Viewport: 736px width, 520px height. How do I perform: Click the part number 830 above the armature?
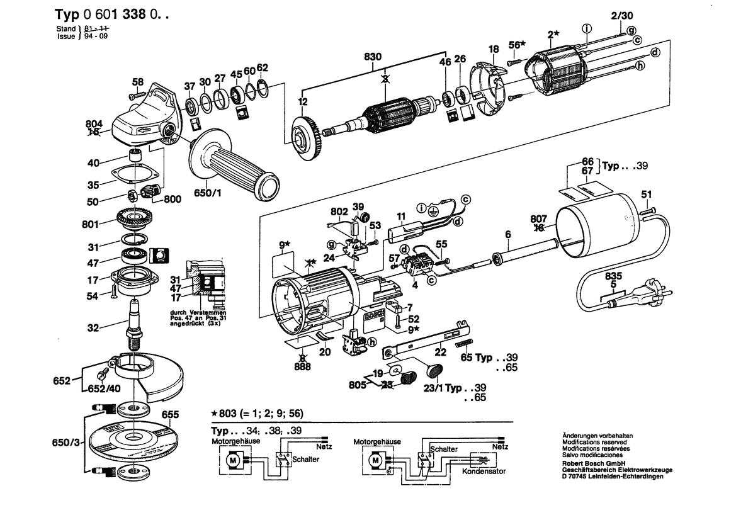click(373, 57)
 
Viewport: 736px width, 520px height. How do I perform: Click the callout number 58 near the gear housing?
click(137, 81)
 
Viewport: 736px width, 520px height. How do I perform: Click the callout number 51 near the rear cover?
click(647, 194)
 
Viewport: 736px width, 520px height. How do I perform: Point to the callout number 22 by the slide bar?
click(441, 352)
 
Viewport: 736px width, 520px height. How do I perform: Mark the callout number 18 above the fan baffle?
click(494, 48)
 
